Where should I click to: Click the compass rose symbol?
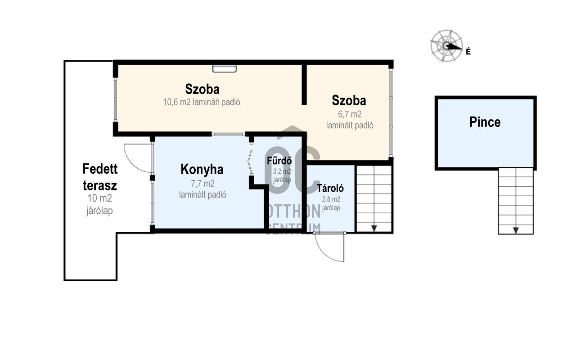click(446, 46)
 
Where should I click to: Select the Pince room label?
click(485, 122)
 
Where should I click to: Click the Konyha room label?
click(202, 170)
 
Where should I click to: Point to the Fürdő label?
click(279, 160)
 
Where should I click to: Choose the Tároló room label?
click(330, 188)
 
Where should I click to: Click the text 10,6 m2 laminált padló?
click(202, 102)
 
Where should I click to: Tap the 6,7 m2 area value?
click(350, 114)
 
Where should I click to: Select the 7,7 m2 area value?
click(202, 184)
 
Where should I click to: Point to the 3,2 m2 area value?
click(282, 171)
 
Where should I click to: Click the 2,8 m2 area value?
click(331, 199)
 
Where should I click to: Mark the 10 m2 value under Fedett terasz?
click(100, 198)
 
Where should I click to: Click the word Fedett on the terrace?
click(100, 169)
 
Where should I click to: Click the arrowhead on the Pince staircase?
click(516, 230)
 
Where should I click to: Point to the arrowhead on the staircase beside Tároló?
click(374, 228)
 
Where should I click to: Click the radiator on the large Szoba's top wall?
click(225, 68)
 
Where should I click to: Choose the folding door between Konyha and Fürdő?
click(250, 162)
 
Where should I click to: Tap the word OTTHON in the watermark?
click(294, 211)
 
